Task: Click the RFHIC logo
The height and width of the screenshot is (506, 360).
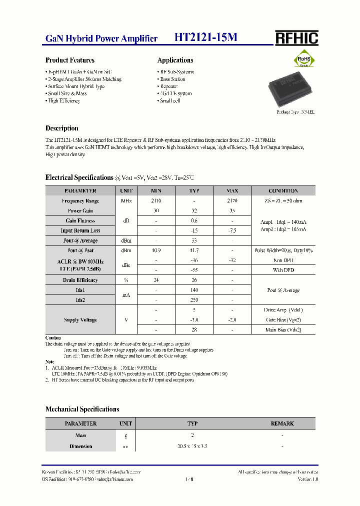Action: [296, 38]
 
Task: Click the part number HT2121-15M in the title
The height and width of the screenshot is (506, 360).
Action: [205, 38]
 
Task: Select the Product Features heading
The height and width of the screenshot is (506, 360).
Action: [70, 60]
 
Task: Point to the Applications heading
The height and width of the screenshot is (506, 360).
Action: [175, 60]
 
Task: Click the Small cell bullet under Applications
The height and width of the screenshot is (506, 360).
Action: [170, 101]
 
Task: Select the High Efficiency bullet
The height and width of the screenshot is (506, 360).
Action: [64, 101]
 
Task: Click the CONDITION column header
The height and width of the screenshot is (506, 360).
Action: [283, 191]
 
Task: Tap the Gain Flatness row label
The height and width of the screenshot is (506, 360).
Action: [80, 220]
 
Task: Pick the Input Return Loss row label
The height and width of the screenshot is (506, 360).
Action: [80, 230]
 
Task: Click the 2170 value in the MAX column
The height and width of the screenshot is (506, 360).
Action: [232, 200]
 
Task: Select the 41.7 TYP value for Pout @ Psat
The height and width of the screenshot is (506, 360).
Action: [194, 250]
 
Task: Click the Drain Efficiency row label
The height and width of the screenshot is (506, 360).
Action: [80, 280]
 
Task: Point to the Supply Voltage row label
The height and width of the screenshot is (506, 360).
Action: [80, 320]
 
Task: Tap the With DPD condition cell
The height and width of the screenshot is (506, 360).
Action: [283, 270]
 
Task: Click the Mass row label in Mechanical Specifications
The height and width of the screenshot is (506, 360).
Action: [80, 435]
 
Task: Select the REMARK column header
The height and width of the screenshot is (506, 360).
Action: [282, 423]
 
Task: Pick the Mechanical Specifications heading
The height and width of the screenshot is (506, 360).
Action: [82, 409]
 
